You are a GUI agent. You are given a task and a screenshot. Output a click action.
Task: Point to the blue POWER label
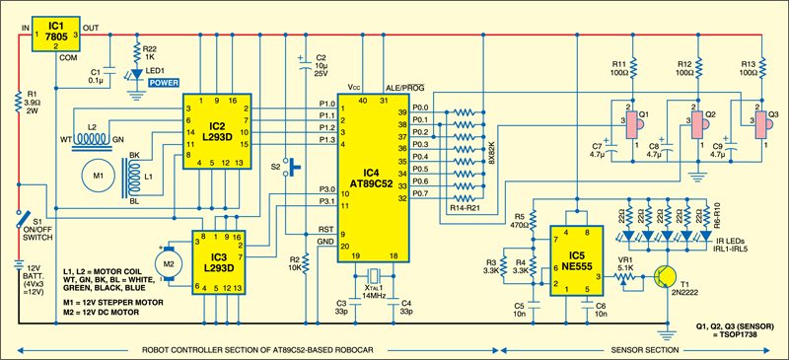(x=163, y=84)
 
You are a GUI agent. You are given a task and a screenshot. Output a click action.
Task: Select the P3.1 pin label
(x=323, y=201)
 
